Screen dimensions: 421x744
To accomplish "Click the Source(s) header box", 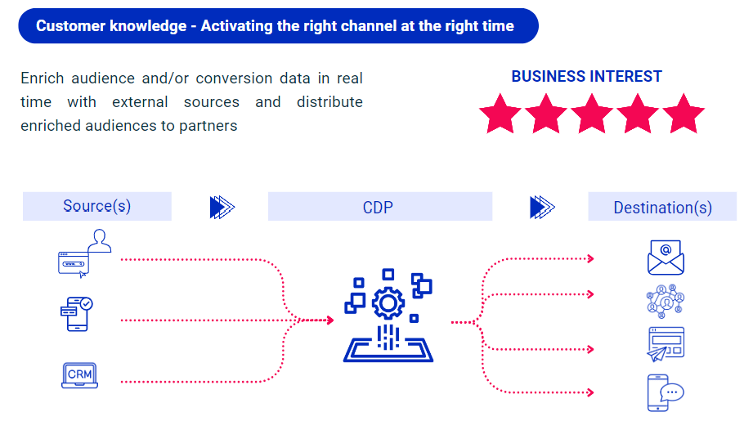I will [96, 206].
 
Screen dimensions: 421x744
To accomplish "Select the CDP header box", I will [379, 207].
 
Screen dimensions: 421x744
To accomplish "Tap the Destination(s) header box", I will [662, 208].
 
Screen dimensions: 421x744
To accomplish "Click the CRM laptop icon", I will [80, 374].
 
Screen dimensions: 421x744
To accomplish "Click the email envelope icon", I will [666, 258].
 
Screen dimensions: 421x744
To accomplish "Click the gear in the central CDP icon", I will [388, 303].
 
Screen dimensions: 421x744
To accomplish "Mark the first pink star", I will [500, 114].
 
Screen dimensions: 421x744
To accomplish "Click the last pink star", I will [683, 114].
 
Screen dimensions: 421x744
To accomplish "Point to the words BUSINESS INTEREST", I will [586, 77].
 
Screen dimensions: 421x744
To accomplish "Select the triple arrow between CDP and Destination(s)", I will [542, 207].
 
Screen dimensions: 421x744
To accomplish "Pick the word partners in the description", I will [211, 126].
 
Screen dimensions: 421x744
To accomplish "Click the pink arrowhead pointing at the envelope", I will [590, 259].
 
